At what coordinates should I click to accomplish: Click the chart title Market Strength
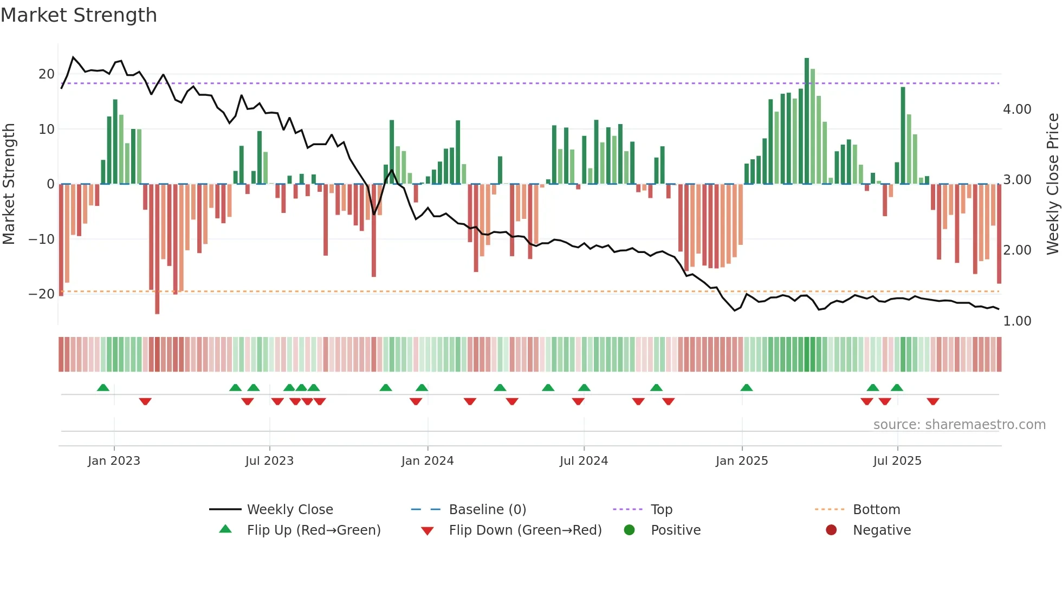tap(79, 15)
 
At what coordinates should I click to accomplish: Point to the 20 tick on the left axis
tap(47, 74)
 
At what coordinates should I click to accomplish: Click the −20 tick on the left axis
tap(42, 294)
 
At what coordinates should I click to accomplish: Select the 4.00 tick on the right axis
tap(1017, 109)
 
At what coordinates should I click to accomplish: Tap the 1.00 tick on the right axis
tap(1017, 321)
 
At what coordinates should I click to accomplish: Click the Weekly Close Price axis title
tap(1052, 184)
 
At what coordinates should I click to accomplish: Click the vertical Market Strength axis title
tap(9, 184)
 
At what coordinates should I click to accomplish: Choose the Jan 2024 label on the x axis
tap(428, 461)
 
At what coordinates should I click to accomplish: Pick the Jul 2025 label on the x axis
tap(897, 461)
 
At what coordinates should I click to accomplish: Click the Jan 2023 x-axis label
tap(114, 461)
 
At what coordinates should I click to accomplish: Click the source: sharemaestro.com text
tap(959, 425)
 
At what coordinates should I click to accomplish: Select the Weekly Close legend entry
tap(290, 510)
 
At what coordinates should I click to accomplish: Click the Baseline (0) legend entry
tap(487, 510)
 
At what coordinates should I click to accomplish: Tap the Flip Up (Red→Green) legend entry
tap(313, 530)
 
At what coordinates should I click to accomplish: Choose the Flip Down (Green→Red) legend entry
tap(525, 530)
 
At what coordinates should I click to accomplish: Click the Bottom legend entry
tap(876, 510)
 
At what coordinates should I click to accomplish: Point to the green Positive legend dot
tap(629, 530)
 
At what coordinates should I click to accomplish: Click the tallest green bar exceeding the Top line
tap(807, 119)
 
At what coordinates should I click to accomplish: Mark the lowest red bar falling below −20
tap(157, 249)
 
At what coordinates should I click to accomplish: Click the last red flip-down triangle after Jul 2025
tap(933, 401)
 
